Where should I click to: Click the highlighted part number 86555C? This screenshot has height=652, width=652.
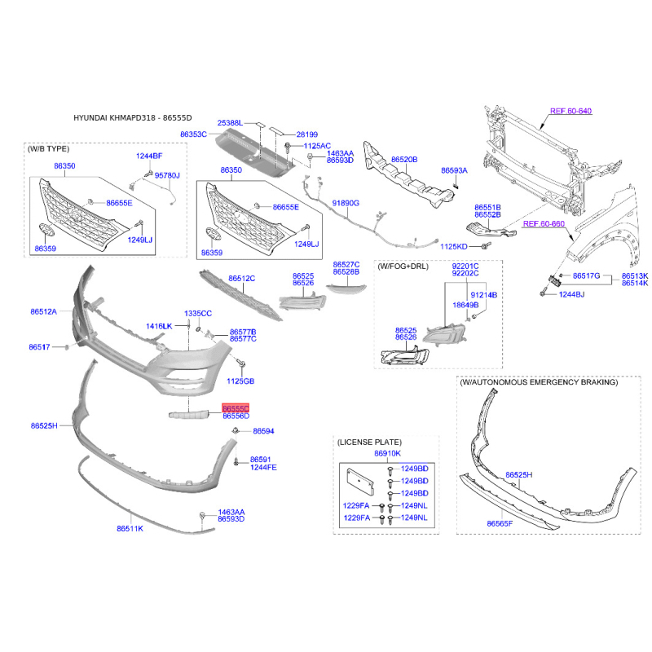pos(236,408)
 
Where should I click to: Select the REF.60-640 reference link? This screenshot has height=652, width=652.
pos(570,111)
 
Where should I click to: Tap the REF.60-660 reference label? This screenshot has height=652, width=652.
pos(544,223)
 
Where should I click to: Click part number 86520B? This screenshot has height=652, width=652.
pos(404,159)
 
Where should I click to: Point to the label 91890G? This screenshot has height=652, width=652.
pos(346,203)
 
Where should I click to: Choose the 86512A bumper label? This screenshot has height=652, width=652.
pos(44,311)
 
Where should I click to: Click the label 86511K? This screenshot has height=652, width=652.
pos(130,528)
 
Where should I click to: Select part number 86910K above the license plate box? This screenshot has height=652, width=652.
pos(388,453)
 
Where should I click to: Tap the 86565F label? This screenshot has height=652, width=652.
pos(500,523)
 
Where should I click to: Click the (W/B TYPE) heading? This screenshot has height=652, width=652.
pos(48,149)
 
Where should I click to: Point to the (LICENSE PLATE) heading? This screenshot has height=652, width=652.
pos(369,442)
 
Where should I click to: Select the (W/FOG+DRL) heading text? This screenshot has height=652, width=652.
pos(403,267)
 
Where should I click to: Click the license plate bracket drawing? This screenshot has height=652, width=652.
pos(360,482)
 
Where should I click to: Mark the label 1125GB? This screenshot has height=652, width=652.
pos(240,381)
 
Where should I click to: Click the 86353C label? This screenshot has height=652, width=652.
pos(193,134)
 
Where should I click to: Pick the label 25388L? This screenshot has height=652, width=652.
pos(230,123)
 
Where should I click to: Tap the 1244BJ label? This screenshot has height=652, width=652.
pos(571,294)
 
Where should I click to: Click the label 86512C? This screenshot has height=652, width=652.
pos(241,278)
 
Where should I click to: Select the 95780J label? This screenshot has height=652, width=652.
pos(167,175)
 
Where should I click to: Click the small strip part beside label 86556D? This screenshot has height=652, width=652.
pos(188,415)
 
